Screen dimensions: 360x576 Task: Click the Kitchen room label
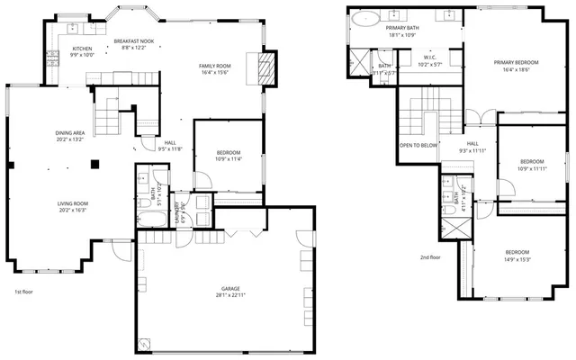point(82,49)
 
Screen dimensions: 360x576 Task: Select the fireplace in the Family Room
point(265,68)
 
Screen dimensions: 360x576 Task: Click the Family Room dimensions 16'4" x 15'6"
point(215,72)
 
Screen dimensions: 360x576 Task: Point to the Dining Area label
point(70,133)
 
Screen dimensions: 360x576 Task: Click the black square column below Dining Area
point(96,163)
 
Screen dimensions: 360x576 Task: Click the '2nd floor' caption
point(430,257)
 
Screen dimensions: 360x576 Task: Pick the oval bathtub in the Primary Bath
point(364,18)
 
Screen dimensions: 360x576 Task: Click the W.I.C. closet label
point(430,58)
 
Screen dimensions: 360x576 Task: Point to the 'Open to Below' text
point(418,145)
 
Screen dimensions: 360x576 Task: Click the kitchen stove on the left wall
point(52,54)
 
